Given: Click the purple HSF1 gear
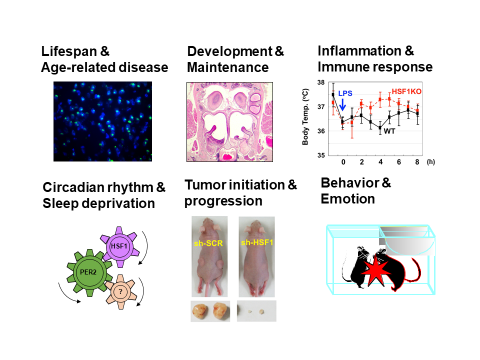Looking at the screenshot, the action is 119,246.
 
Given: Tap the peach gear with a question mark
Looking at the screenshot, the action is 121,291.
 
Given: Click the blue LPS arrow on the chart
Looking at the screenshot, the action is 343,104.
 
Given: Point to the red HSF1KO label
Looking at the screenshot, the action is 406,91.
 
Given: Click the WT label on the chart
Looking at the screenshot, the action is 389,131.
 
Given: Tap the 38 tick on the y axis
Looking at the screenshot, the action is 321,82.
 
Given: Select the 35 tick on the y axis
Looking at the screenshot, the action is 321,155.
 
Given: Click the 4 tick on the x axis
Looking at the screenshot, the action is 380,162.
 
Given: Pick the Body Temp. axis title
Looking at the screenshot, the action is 305,116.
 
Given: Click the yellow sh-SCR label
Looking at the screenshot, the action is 208,243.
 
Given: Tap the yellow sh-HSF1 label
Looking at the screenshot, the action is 257,242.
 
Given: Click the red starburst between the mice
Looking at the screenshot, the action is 375,271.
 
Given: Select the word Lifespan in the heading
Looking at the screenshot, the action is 69,51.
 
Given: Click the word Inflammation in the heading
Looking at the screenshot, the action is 359,51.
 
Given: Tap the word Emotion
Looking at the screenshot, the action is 348,199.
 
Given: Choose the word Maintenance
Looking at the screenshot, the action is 228,67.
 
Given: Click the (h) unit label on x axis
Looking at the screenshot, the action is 430,162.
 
